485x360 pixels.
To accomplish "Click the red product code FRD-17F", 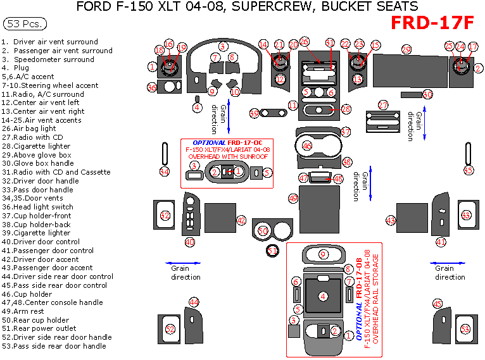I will tap(432, 23).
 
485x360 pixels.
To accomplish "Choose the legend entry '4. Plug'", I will tap(16, 68).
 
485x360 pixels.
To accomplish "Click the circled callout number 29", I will tap(406, 49).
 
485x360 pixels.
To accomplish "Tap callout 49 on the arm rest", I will tap(293, 198).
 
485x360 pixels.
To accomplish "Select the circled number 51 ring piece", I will tap(272, 251).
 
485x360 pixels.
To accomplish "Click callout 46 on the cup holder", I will tap(307, 146).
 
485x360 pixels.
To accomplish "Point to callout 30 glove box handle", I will tap(427, 94).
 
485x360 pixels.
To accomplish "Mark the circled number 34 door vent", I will tap(165, 171).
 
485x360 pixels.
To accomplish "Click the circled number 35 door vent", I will tap(469, 170).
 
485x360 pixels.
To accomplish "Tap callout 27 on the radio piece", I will tap(383, 105).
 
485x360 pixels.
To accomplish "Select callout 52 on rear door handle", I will tap(170, 329).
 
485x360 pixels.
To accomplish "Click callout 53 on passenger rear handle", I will tap(465, 329).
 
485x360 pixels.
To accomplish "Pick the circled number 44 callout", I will tap(194, 302).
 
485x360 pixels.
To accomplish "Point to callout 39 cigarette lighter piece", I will tap(255, 113).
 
